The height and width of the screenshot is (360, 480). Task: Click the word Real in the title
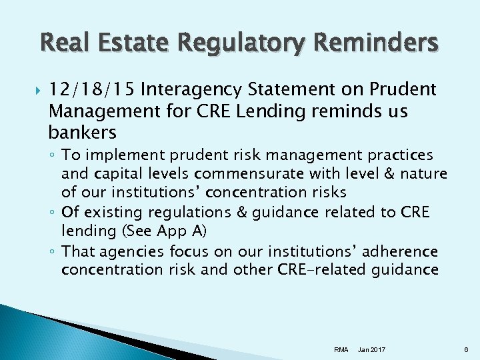click(x=64, y=43)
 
